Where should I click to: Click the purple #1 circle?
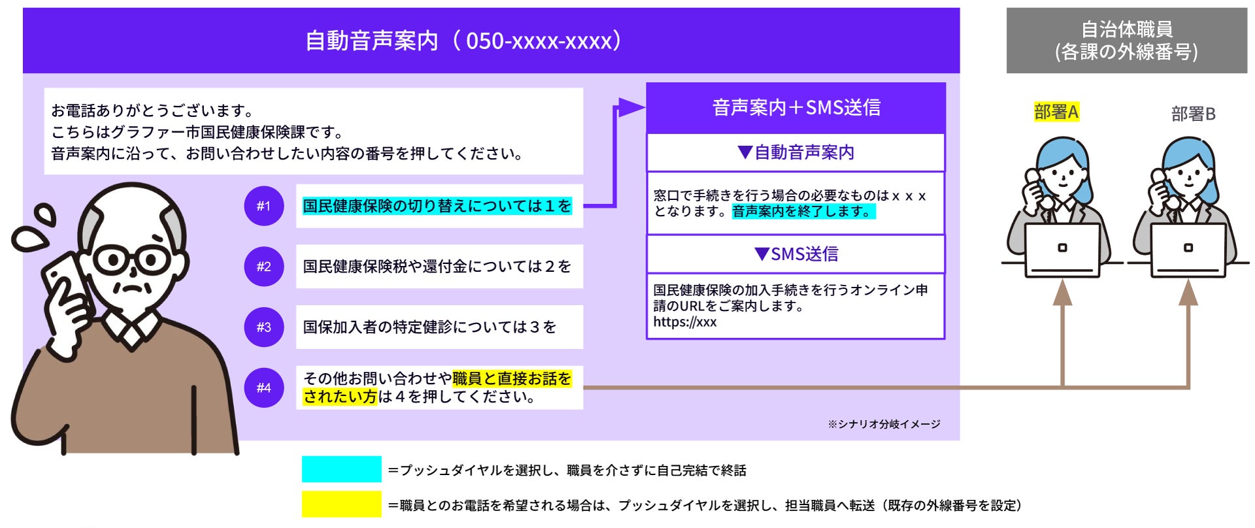tap(263, 206)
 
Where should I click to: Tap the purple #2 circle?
tap(263, 267)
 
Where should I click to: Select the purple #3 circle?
tap(263, 327)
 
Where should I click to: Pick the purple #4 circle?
tap(263, 388)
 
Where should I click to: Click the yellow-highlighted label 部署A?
tap(1056, 112)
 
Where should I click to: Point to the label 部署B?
tap(1193, 114)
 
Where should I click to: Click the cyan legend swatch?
tap(341, 469)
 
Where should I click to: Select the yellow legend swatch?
tap(341, 504)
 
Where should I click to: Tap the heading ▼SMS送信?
tap(796, 254)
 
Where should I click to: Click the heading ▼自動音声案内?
tap(796, 152)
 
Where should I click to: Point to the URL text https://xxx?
tap(684, 322)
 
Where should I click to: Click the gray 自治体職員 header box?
tap(1126, 41)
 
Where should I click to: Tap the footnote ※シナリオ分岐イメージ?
tap(884, 424)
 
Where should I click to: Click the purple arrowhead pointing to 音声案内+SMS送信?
tap(631, 107)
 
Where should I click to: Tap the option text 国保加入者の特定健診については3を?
tap(429, 327)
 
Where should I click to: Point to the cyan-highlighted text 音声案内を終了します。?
tap(803, 212)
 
